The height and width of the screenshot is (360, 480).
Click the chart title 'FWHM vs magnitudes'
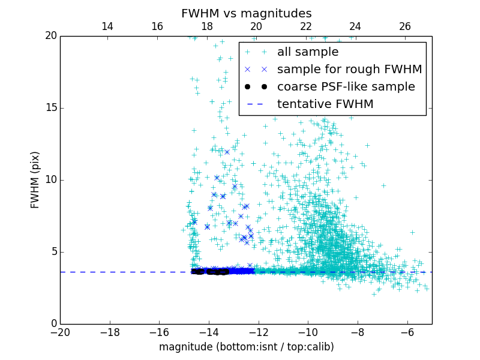(246, 13)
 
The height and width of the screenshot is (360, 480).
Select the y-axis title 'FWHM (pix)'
(35, 180)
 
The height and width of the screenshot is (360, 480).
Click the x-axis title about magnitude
(246, 347)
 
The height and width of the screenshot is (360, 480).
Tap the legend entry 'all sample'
(308, 52)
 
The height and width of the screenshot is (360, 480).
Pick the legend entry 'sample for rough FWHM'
(349, 70)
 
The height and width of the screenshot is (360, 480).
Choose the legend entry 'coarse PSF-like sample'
(346, 87)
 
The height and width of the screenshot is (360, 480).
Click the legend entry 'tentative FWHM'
(325, 104)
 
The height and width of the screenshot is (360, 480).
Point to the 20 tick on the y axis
(50, 36)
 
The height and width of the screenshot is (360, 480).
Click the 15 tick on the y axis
(50, 108)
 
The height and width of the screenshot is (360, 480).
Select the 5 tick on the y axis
(53, 252)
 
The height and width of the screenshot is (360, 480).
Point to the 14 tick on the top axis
(107, 26)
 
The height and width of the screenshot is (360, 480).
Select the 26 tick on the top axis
(405, 26)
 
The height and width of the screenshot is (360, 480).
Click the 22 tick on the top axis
(306, 26)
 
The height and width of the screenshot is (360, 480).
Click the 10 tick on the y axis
(50, 180)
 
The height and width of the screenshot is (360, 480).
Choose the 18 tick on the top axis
(206, 26)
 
